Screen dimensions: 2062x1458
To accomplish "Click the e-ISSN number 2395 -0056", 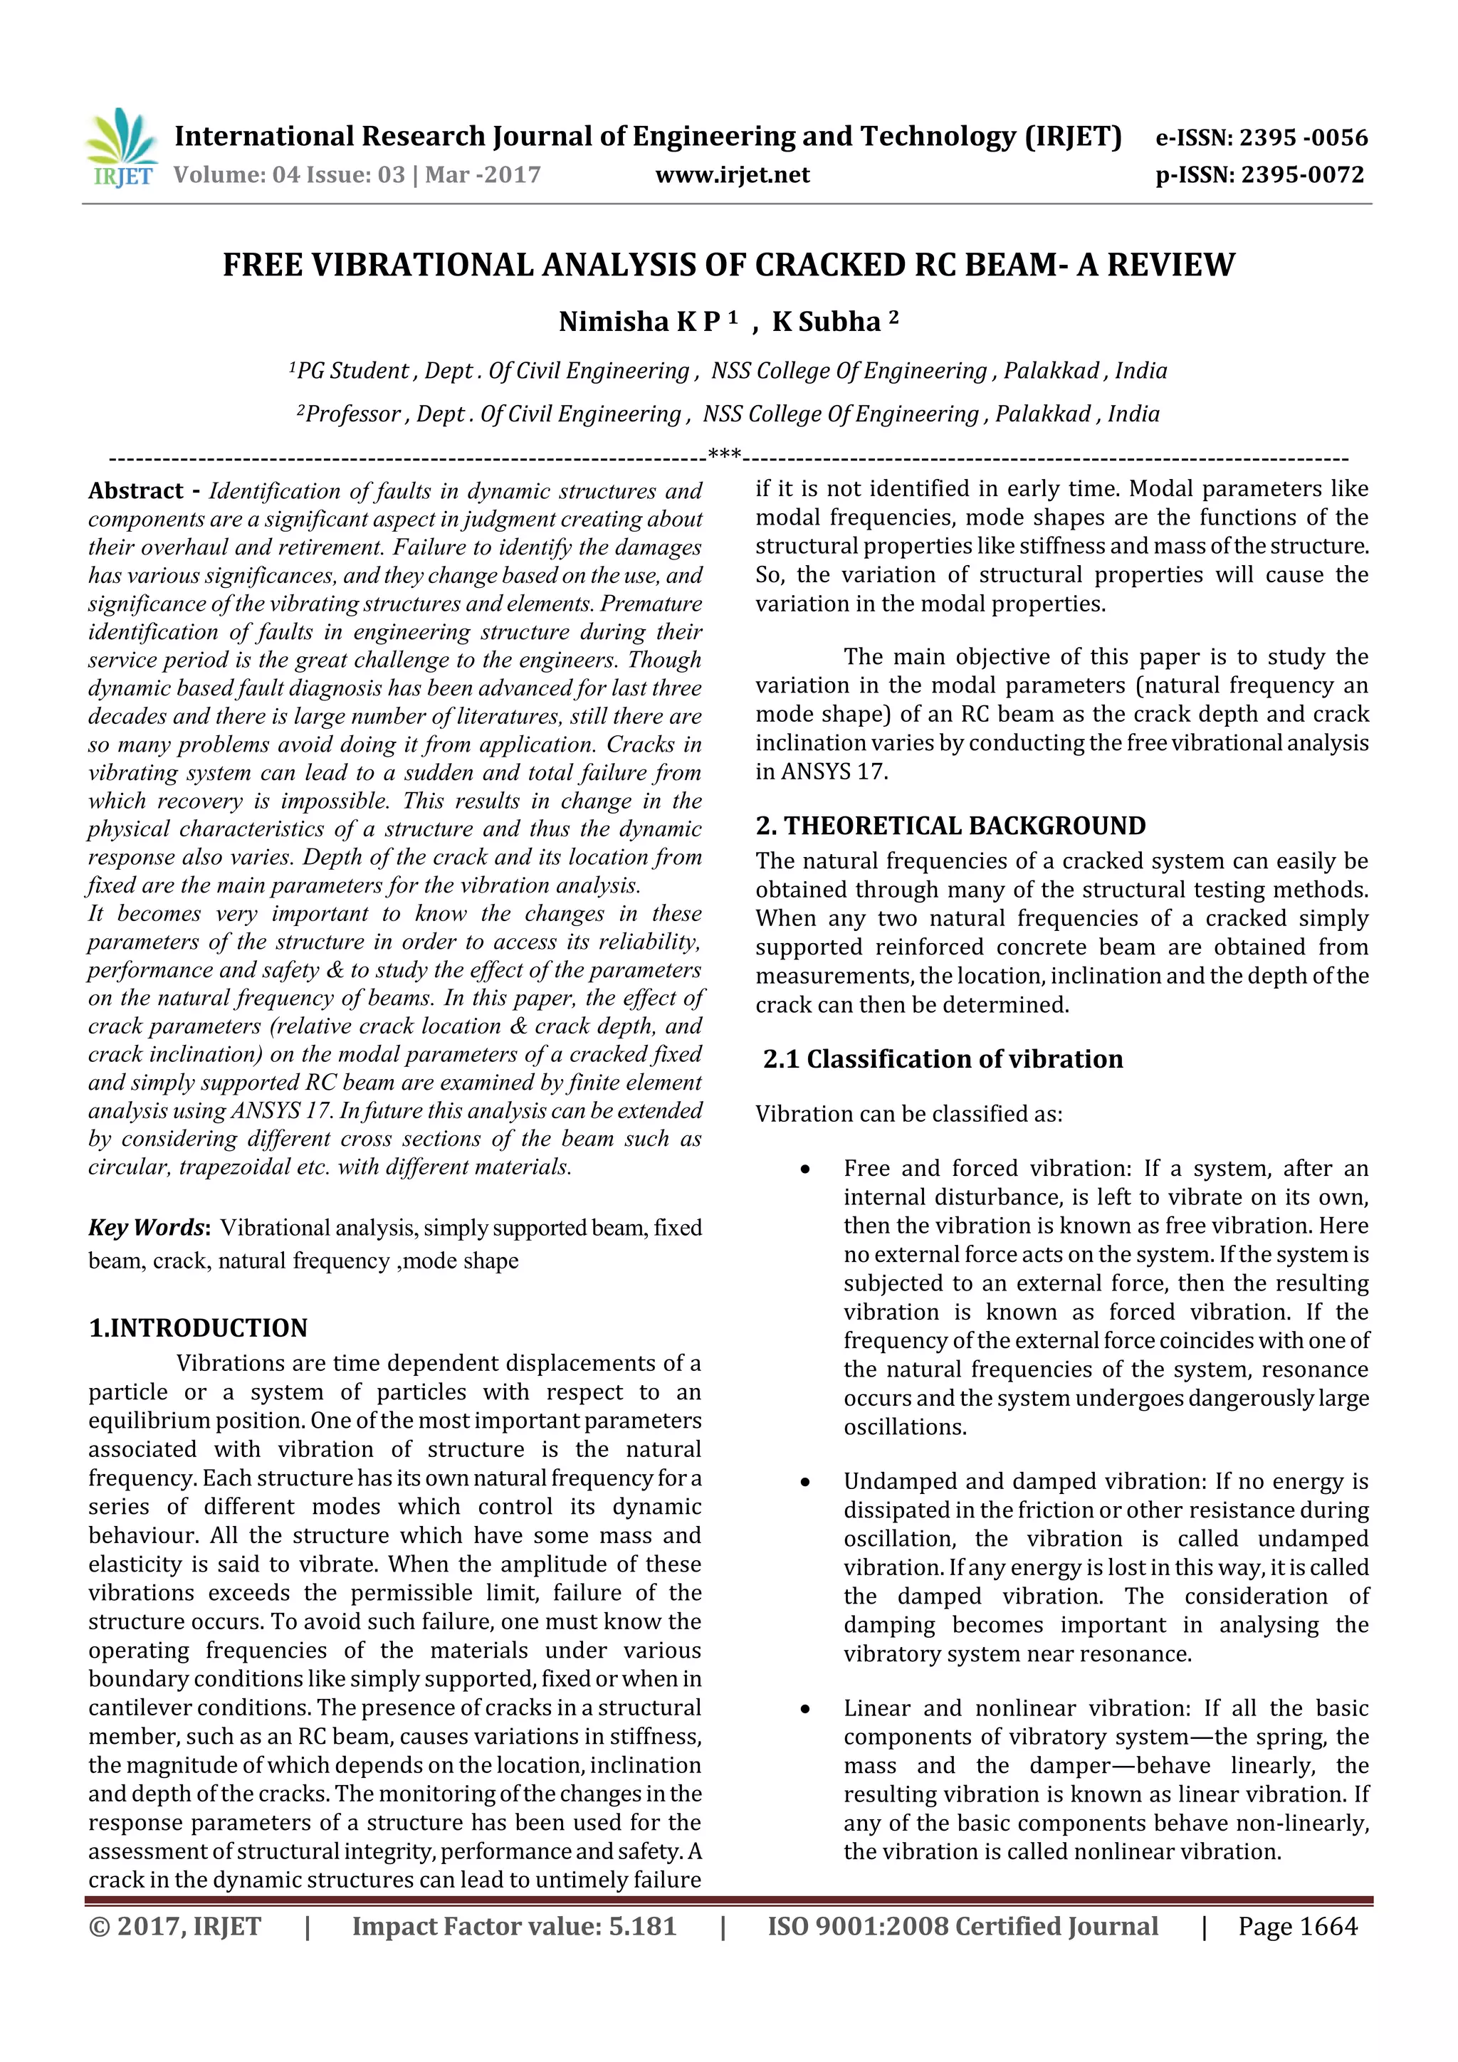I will pos(1303,137).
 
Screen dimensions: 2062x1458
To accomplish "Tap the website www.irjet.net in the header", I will pos(732,174).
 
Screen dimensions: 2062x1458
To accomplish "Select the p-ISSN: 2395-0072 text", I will pos(1259,174).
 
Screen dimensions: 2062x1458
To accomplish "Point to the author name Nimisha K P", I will pos(639,322).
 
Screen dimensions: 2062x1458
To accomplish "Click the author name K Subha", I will pos(827,322).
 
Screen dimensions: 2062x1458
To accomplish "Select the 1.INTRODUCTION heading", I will pos(198,1327).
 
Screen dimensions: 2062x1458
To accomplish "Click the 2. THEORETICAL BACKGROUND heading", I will pos(950,826).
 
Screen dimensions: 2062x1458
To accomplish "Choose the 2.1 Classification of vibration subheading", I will pos(943,1059).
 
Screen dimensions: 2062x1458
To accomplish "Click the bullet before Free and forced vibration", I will pos(806,1169).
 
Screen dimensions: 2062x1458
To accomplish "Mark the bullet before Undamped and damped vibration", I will pos(806,1482).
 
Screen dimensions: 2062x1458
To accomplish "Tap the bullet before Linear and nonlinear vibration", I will pos(806,1709).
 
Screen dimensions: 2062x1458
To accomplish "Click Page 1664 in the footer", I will pos(1297,1926).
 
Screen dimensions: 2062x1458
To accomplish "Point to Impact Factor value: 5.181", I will pos(514,1926).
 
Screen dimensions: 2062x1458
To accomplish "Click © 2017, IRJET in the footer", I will pos(175,1926).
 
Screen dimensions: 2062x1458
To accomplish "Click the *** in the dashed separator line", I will pos(724,454).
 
